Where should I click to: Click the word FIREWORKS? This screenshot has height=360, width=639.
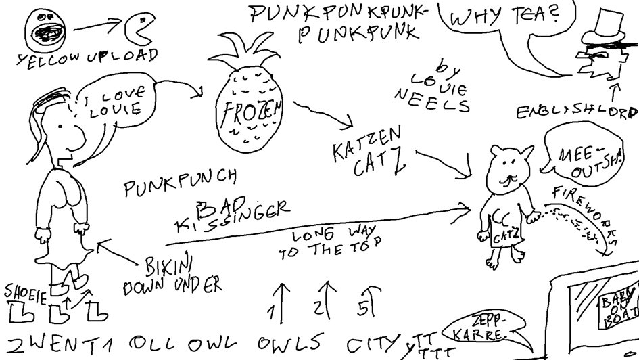coord(586,209)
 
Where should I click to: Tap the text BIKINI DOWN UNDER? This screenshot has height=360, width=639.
coord(172,275)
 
